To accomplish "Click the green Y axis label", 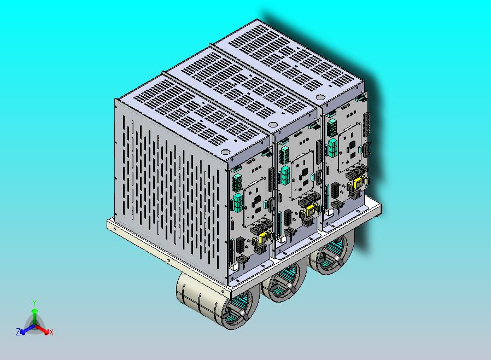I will point(34,302).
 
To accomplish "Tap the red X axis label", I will point(51,332).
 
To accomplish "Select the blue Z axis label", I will point(18,332).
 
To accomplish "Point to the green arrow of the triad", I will point(34,315).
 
